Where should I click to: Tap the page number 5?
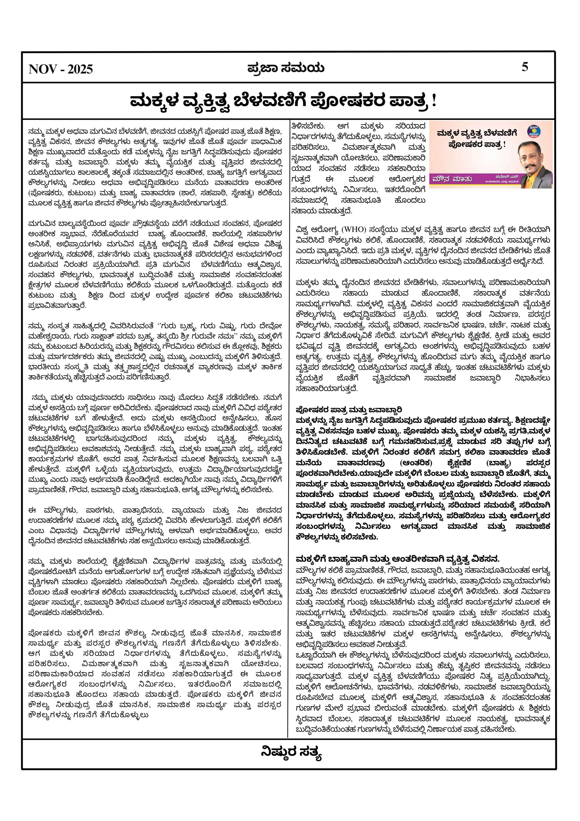[x=525, y=67]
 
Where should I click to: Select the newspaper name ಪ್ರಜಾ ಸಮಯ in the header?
[x=286, y=68]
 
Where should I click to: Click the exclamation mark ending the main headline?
[x=434, y=102]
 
